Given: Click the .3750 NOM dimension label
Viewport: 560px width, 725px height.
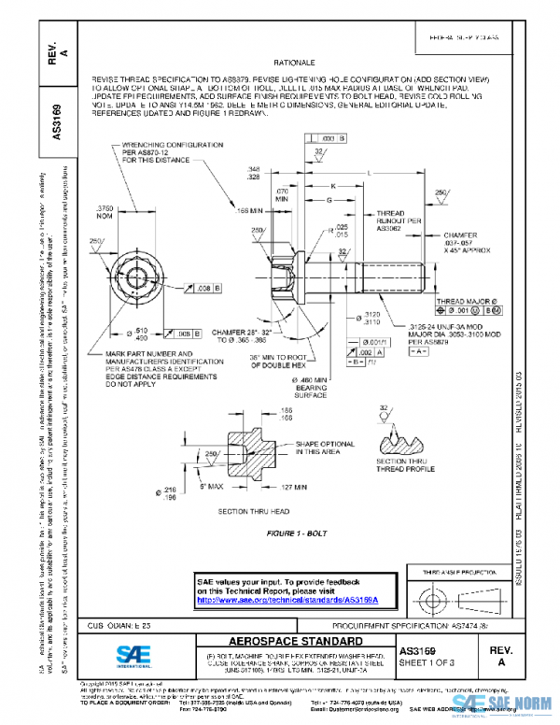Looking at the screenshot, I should pos(108,210).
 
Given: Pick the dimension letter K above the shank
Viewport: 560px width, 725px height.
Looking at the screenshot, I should pos(331,185).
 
